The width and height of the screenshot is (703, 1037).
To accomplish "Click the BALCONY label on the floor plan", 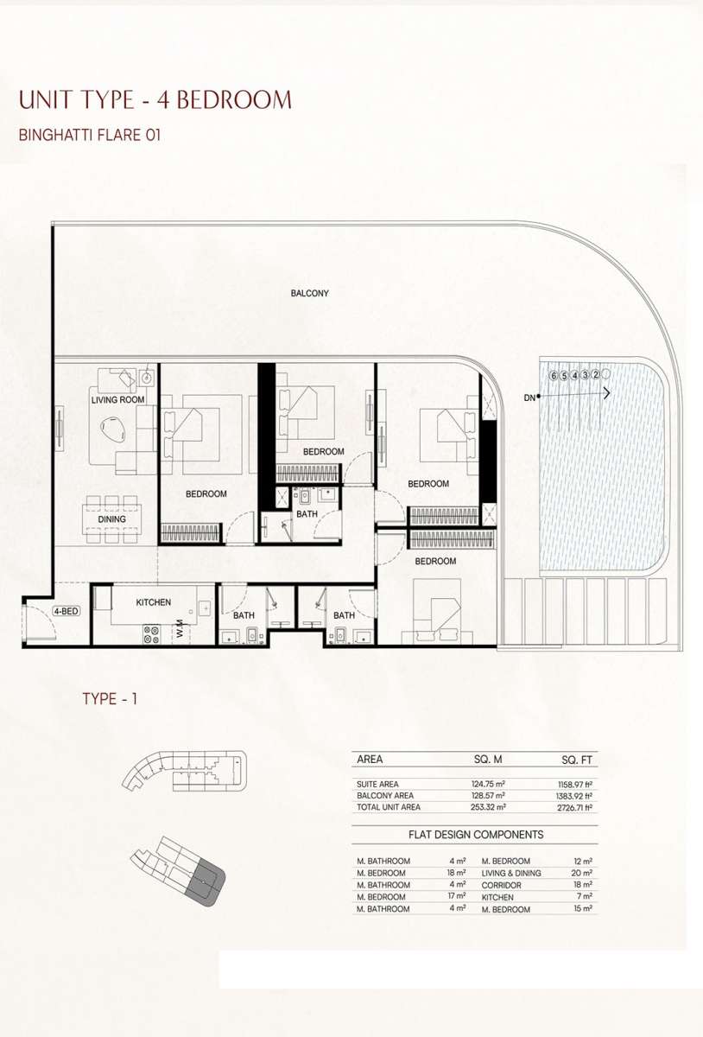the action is (310, 293).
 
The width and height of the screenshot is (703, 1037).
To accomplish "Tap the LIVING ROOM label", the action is (117, 399).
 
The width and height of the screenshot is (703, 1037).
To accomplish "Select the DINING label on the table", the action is (111, 519).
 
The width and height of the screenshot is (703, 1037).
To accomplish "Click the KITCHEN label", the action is (153, 602).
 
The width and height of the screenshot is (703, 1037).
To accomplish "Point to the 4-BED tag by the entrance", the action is (66, 611).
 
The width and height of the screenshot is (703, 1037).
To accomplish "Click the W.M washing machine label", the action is (180, 628).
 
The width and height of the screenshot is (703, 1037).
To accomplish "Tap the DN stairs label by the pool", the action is (529, 398).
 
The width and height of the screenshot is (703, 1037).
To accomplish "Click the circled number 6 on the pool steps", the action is (553, 375).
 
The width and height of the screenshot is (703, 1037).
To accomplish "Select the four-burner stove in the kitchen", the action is (151, 634).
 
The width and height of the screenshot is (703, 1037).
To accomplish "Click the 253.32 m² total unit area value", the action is (488, 807).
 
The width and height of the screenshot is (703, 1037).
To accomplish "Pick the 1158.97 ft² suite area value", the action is (575, 785).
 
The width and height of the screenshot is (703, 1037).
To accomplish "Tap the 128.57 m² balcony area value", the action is (488, 795).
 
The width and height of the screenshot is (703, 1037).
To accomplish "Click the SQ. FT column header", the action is (577, 760).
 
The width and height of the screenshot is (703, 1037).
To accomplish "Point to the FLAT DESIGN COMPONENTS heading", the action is (476, 835).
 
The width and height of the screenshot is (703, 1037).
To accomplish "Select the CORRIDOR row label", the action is (501, 885).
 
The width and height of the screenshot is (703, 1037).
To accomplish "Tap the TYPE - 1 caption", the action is (110, 698).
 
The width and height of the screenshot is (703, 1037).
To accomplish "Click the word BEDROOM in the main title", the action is (235, 99).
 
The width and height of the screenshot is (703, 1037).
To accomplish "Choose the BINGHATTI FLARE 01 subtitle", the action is (90, 135).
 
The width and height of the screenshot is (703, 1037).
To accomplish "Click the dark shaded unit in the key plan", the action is (205, 880).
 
